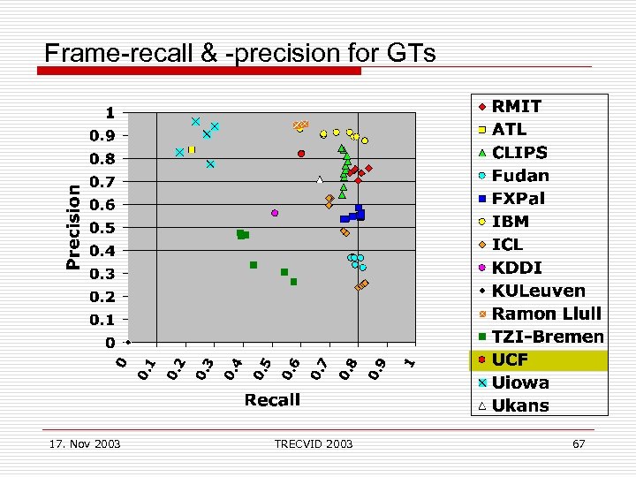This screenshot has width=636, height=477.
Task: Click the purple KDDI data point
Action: click(275, 213)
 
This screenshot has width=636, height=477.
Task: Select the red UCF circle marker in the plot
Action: click(301, 154)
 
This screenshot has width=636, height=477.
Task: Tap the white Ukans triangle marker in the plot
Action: click(320, 180)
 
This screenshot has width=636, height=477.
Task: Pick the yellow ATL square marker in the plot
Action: click(191, 150)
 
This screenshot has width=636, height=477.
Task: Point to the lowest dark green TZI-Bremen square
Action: click(293, 282)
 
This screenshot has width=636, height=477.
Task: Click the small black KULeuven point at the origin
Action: click(127, 342)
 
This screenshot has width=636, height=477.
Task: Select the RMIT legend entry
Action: click(516, 106)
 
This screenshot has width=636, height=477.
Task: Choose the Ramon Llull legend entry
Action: click(545, 314)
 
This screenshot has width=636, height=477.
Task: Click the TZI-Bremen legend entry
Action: click(547, 337)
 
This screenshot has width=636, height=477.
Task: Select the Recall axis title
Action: click(272, 400)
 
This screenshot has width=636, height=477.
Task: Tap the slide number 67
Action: click(579, 443)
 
